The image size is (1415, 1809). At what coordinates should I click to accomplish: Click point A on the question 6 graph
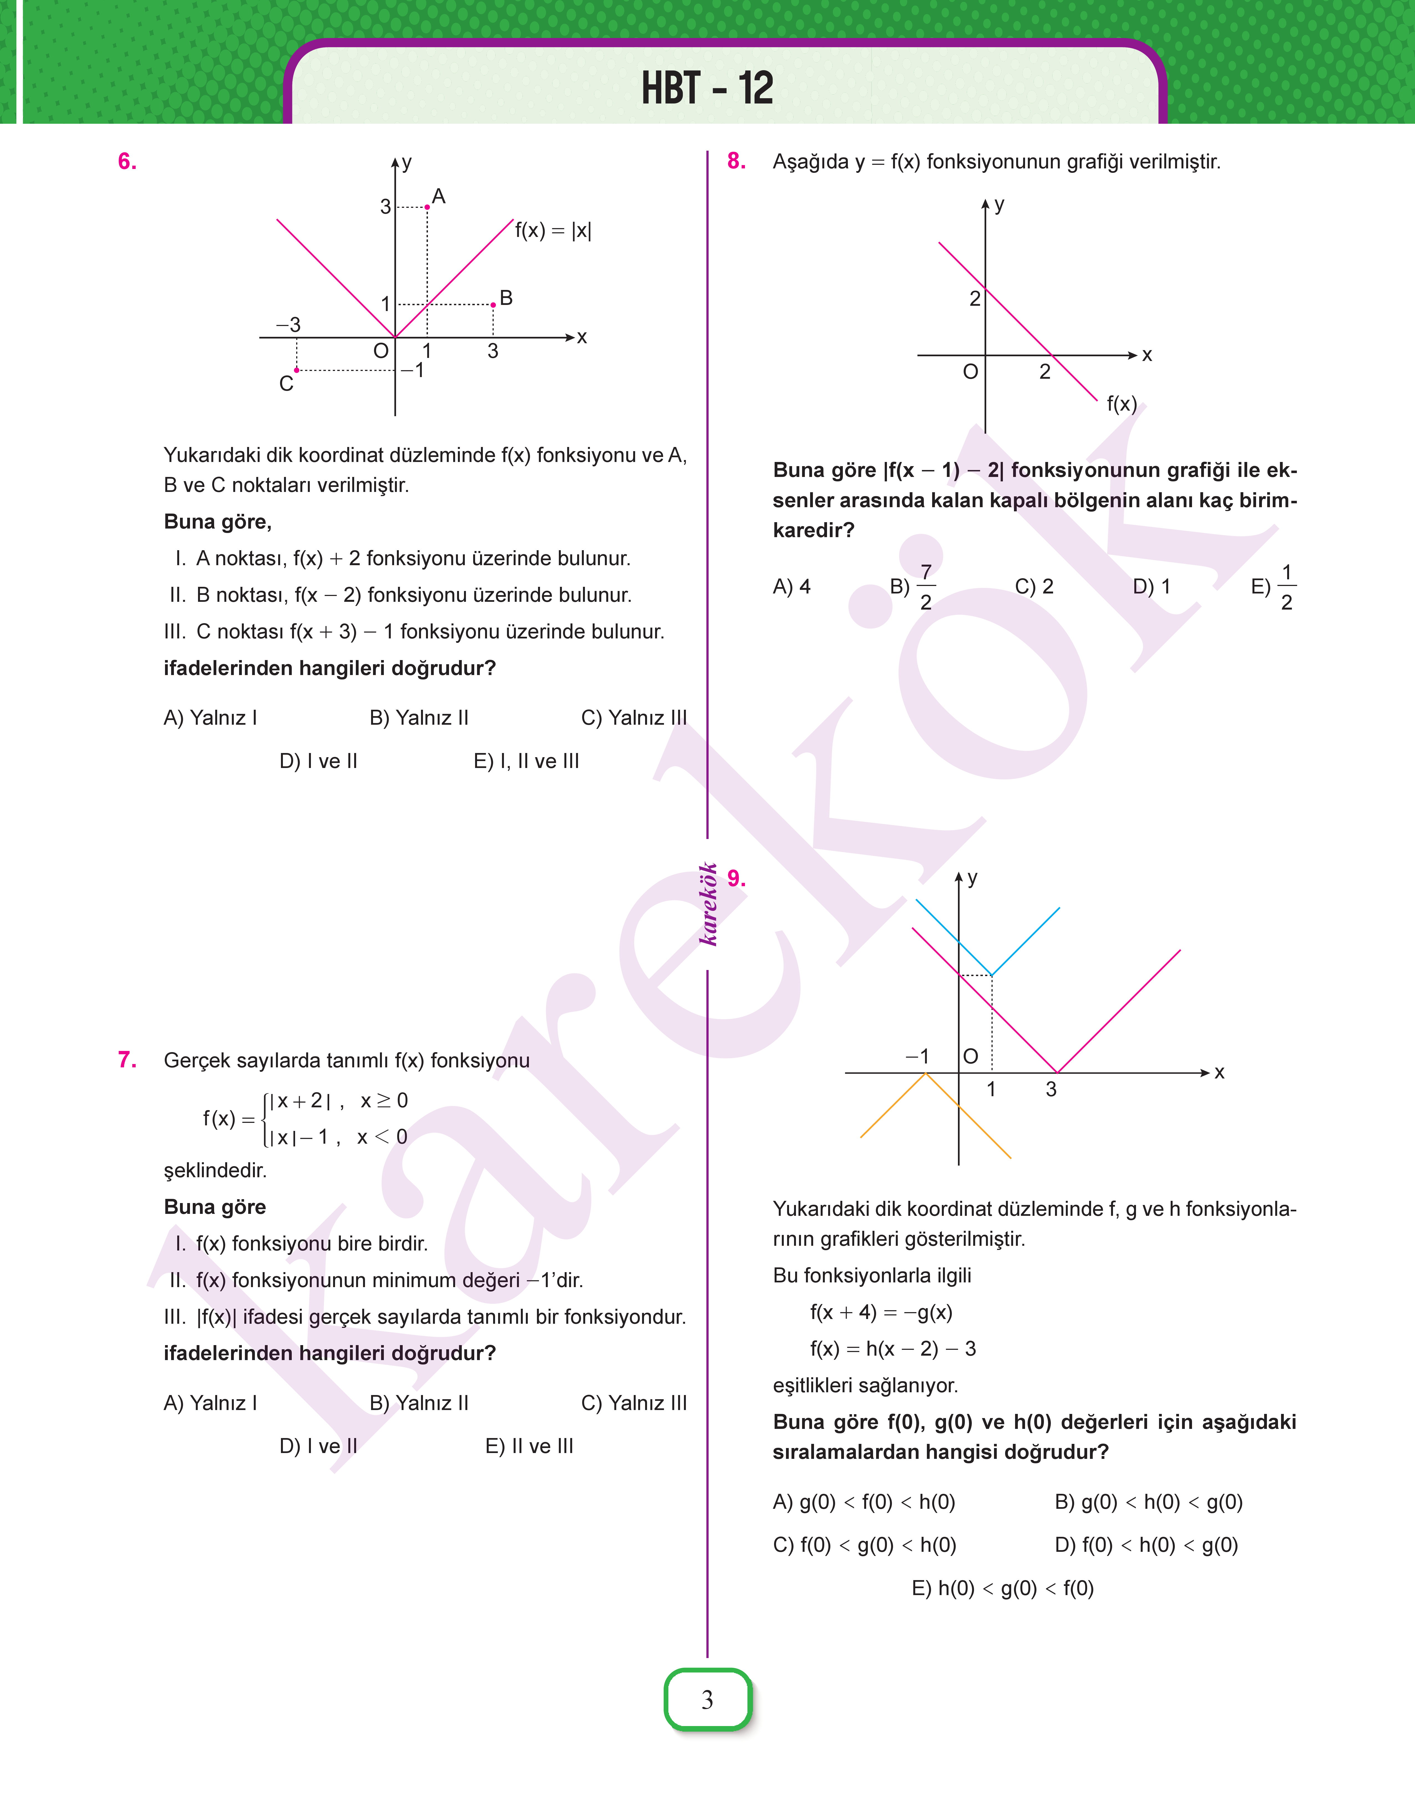pyautogui.click(x=427, y=206)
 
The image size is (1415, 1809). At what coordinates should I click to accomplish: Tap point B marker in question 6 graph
pyautogui.click(x=493, y=305)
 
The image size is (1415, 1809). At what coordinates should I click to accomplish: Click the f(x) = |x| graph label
pyautogui.click(x=552, y=230)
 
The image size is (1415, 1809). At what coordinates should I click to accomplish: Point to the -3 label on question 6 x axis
pyautogui.click(x=288, y=324)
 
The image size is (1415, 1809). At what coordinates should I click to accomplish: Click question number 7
pyautogui.click(x=127, y=1060)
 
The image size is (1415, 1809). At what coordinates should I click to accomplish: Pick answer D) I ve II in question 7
pyautogui.click(x=318, y=1446)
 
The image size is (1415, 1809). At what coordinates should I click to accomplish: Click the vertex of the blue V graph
pyautogui.click(x=992, y=974)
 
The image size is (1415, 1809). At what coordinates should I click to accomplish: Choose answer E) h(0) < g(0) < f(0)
pyautogui.click(x=1002, y=1589)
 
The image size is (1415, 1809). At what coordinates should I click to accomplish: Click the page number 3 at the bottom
pyautogui.click(x=707, y=1700)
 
